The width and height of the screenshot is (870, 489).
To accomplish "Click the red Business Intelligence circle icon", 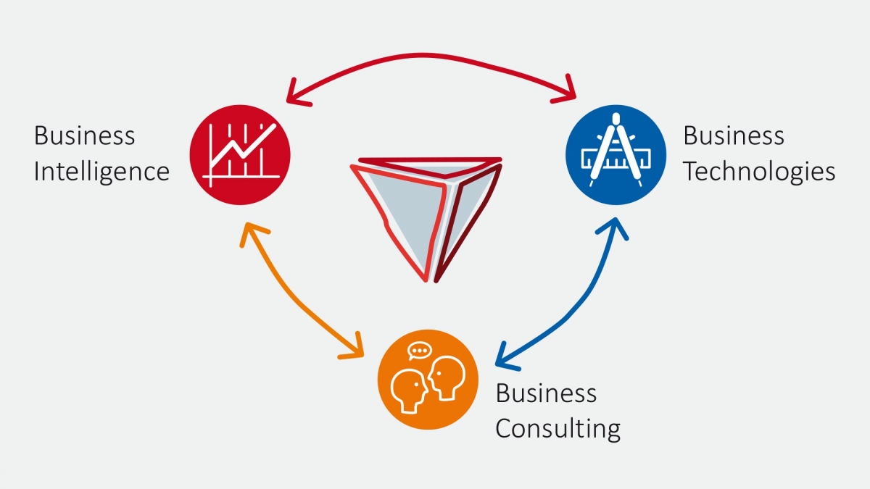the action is pyautogui.click(x=240, y=155).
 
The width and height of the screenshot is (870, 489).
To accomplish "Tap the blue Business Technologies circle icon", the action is pyautogui.click(x=616, y=155).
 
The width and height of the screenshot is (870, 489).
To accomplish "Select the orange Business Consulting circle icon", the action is pyautogui.click(x=428, y=380).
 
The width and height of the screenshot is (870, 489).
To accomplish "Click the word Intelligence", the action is pyautogui.click(x=101, y=172).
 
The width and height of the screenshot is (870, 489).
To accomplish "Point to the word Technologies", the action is pyautogui.click(x=759, y=172).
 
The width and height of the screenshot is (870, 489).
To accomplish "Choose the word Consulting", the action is pyautogui.click(x=558, y=429).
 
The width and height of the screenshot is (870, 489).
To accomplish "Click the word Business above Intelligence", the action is pyautogui.click(x=85, y=136).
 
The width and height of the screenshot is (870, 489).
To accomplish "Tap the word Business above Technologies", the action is pyautogui.click(x=734, y=136).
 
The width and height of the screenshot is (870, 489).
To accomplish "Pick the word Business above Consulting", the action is pyautogui.click(x=547, y=393).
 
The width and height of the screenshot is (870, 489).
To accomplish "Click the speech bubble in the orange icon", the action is pyautogui.click(x=420, y=351).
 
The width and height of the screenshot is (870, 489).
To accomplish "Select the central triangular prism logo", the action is pyautogui.click(x=426, y=220).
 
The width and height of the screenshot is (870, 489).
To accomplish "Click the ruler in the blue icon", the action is pyautogui.click(x=616, y=159).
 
